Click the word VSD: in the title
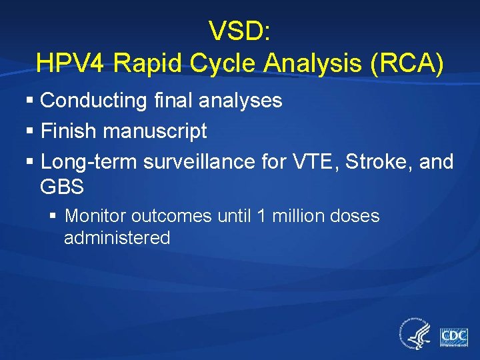(239, 31)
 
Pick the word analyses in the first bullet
(242, 101)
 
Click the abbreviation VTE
(309, 161)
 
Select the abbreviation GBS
(62, 187)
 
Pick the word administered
(117, 238)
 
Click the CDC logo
(453, 335)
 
